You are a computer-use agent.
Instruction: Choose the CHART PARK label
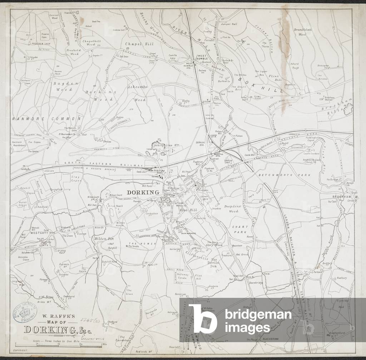(x=240, y=229)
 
